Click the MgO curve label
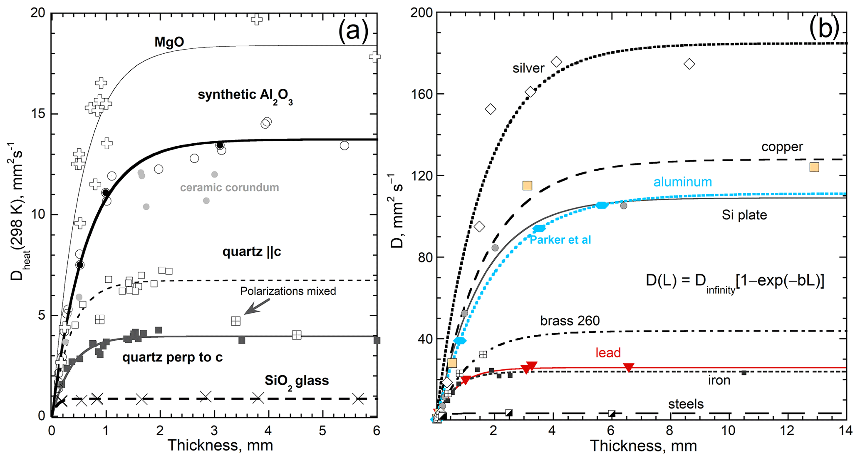point(169,42)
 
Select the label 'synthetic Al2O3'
point(245,95)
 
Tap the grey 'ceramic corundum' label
point(229,187)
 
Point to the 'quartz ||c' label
point(252,252)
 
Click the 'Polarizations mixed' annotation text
point(288,291)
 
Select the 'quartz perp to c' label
point(172,357)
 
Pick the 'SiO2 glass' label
point(297,381)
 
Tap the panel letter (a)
point(353,30)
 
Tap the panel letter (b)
point(824,28)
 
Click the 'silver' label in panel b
point(528,68)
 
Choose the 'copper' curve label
point(782,147)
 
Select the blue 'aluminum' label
point(682,182)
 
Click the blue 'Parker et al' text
point(560,240)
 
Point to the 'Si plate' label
point(744,215)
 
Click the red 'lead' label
point(608,353)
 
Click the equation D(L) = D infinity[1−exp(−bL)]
point(735,281)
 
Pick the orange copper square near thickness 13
point(814,167)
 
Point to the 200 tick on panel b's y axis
point(421,13)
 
